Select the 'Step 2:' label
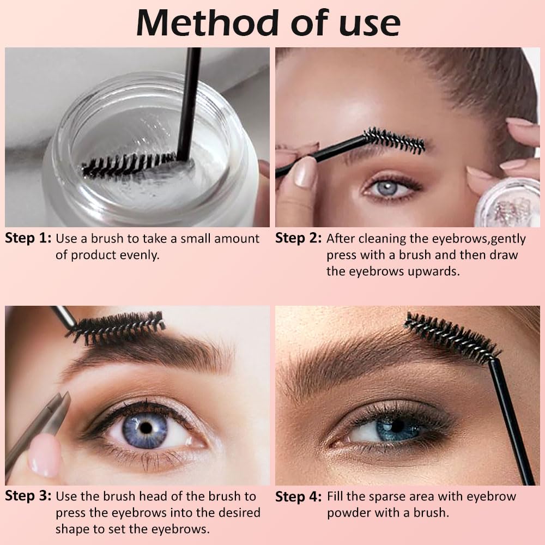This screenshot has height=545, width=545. (298, 239)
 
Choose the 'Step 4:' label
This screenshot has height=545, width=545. (298, 497)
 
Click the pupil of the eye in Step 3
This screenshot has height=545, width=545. (146, 427)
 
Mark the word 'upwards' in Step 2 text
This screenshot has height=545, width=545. (433, 271)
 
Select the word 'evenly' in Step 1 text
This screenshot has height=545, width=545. (140, 255)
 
